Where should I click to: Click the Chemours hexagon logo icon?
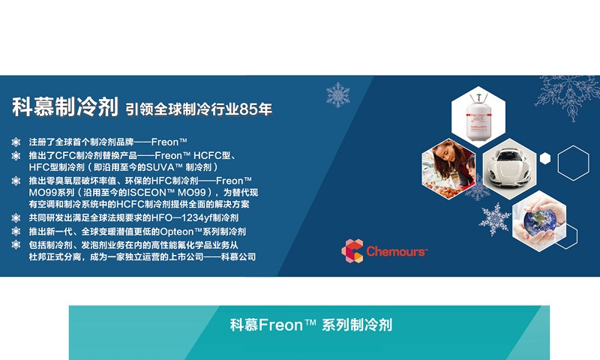pyautogui.click(x=352, y=251)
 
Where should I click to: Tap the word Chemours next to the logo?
pyautogui.click(x=396, y=251)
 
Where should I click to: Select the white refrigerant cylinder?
pyautogui.click(x=478, y=117)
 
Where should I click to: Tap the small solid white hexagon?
pyautogui.click(x=545, y=158)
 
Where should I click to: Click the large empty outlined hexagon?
pyautogui.click(x=573, y=163)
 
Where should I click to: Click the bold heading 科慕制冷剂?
pyautogui.click(x=65, y=106)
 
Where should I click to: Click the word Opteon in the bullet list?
pyautogui.click(x=177, y=232)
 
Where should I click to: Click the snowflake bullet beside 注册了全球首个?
pyautogui.click(x=16, y=142)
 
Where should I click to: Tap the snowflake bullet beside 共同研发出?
pyautogui.click(x=16, y=218)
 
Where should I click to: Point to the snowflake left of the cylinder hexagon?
pyautogui.click(x=338, y=94)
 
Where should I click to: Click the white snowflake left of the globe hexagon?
pyautogui.click(x=494, y=219)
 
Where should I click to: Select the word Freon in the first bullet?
pyautogui.click(x=165, y=142)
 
